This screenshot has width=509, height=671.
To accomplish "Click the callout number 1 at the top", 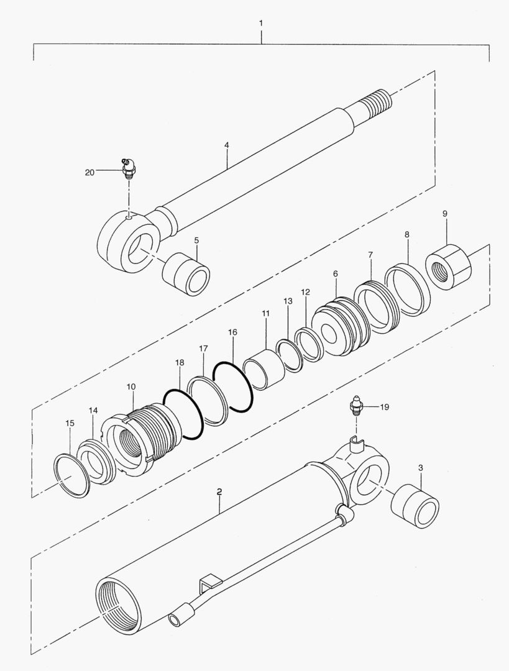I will [x=261, y=23].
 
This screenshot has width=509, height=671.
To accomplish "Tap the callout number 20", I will [x=90, y=172].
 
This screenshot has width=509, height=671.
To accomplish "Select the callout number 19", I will [x=385, y=407].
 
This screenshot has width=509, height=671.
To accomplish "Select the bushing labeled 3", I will [x=415, y=505].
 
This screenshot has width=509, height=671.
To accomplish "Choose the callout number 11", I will [x=265, y=314].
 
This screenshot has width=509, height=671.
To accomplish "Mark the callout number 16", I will [x=232, y=333].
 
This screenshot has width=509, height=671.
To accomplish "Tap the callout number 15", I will [x=70, y=423].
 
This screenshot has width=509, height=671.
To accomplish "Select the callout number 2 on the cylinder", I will [x=219, y=491].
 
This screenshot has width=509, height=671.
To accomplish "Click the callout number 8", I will [x=406, y=235].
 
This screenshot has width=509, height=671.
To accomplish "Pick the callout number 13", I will [x=288, y=301].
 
